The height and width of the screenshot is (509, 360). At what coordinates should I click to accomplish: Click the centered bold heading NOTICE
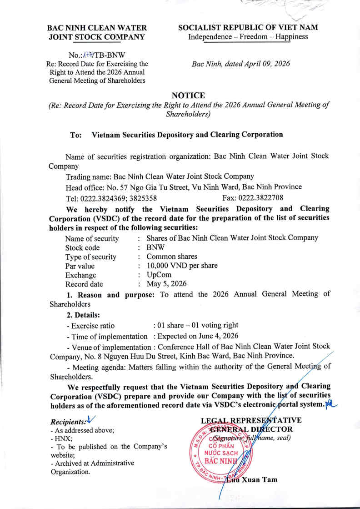[188, 95]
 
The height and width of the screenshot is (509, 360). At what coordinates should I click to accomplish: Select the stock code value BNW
[155, 247]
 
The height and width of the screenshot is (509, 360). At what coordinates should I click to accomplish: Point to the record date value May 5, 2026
[166, 284]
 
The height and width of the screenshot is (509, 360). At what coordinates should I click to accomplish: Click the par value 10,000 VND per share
[182, 266]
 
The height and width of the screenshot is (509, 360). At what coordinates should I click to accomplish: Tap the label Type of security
[91, 257]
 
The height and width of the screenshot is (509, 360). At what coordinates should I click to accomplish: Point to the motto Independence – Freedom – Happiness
[248, 36]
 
